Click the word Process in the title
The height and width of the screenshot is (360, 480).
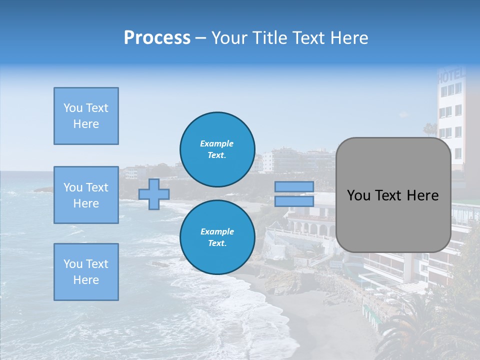click(157, 38)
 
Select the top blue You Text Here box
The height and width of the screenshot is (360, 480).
click(86, 116)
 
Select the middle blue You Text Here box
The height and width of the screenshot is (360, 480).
click(86, 195)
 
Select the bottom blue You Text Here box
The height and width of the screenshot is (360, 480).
click(86, 272)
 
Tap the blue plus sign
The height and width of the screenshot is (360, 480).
click(153, 194)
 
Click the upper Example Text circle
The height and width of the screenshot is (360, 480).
click(217, 149)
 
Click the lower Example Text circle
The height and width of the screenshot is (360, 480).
click(217, 237)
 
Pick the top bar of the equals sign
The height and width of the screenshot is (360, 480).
click(294, 187)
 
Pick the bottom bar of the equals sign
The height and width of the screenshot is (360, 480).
click(294, 201)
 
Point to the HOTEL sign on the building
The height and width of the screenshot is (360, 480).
click(451, 76)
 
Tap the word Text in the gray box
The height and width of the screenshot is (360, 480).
click(393, 195)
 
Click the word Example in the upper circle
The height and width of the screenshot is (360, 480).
click(217, 143)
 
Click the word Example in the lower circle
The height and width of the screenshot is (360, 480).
click(217, 231)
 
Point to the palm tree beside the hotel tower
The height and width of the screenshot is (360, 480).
click(429, 130)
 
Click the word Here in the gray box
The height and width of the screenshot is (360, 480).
click(423, 195)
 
